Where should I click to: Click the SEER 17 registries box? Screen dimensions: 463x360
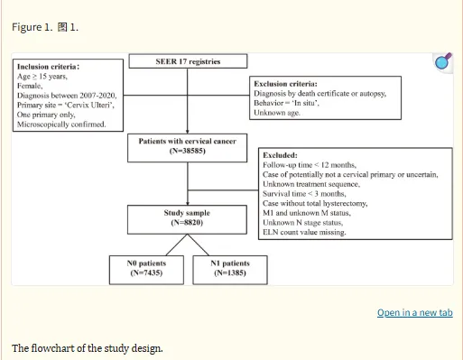point(188,61)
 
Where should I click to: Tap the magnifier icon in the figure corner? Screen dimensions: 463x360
point(443,61)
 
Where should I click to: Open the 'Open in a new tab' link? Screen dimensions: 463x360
point(415,312)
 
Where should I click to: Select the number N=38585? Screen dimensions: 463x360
point(188,151)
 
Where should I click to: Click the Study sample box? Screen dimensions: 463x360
point(187,219)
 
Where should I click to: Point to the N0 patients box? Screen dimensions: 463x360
point(146,270)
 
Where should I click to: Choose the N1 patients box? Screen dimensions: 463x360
point(230,270)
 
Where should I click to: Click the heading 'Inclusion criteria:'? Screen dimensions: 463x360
point(48,67)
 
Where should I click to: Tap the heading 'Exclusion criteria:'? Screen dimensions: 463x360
point(285,84)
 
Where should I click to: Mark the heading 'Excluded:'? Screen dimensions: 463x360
point(280,155)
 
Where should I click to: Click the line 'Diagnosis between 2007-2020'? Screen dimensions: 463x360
point(67,96)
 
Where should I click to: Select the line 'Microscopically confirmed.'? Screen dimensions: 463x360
point(61,125)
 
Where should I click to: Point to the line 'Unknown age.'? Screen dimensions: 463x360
point(277,113)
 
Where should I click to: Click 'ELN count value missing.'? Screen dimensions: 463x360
point(304,232)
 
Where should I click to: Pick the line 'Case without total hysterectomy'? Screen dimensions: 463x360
point(315,203)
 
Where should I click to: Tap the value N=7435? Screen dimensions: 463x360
point(146,272)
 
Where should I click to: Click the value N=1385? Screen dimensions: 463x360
point(230,272)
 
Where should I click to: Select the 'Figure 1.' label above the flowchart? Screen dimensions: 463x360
point(32,27)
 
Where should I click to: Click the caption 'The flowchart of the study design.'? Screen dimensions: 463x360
point(88,348)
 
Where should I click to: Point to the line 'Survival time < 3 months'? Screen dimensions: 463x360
point(304,194)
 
